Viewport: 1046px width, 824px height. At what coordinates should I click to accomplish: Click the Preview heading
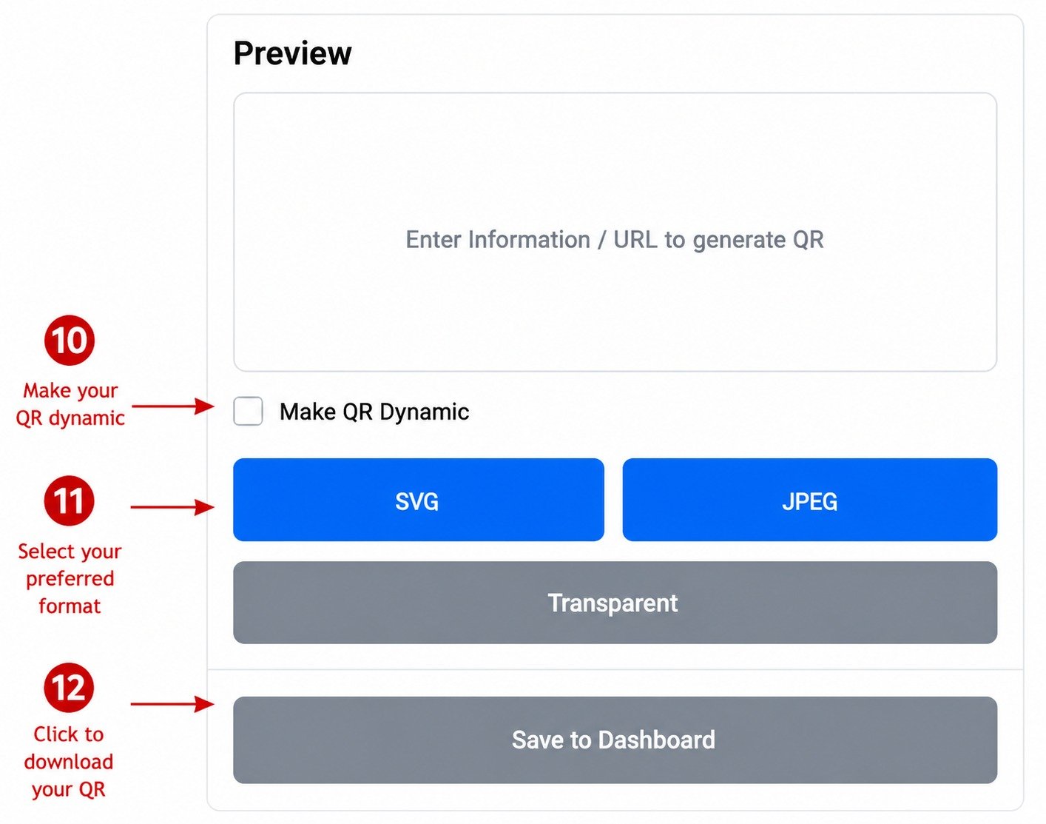tap(292, 53)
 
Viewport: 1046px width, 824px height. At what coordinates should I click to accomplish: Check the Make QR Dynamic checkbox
tap(248, 411)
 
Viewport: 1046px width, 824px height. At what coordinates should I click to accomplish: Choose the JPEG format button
tap(809, 500)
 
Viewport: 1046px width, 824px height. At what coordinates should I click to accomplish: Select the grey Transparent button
tap(615, 602)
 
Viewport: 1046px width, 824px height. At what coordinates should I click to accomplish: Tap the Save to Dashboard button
tap(615, 740)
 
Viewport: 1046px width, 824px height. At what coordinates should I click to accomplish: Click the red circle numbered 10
tap(69, 340)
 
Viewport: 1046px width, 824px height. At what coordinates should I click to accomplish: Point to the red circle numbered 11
tap(69, 500)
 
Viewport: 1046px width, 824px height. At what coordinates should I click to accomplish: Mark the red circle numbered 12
tap(69, 688)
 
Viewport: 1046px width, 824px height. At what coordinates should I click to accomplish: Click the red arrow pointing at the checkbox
tap(173, 406)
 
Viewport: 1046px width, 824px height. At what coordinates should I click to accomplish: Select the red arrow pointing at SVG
tap(172, 507)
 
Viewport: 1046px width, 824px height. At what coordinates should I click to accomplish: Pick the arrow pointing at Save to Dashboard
tap(172, 704)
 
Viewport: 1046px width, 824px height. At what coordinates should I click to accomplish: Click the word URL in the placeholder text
tap(635, 240)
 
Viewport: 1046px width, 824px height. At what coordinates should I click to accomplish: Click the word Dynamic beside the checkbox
tap(425, 412)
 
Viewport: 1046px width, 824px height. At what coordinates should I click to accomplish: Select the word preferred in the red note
tap(70, 580)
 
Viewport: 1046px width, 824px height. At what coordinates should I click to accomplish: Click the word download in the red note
tap(69, 762)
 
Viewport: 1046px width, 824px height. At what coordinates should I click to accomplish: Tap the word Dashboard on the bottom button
tap(657, 740)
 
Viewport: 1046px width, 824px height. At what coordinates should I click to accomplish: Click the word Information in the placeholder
tap(529, 240)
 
